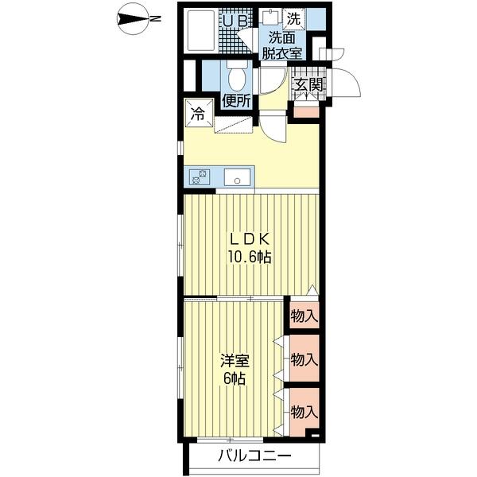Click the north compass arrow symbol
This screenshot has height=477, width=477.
pyautogui.click(x=133, y=19)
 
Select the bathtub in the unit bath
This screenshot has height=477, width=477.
pyautogui.click(x=200, y=31)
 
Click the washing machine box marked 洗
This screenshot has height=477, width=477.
pyautogui.click(x=294, y=19)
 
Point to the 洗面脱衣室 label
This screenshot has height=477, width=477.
pyautogui.click(x=281, y=46)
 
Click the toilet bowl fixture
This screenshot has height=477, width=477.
pyautogui.click(x=237, y=76)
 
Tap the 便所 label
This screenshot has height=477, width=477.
pyautogui.click(x=236, y=102)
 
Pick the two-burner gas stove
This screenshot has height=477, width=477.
pyautogui.click(x=200, y=177)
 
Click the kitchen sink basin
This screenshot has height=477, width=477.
pyautogui.click(x=237, y=177)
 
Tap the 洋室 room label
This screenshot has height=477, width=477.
pyautogui.click(x=235, y=361)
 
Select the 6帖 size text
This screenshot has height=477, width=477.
pyautogui.click(x=235, y=378)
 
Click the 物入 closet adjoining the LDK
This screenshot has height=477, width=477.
pyautogui.click(x=304, y=316)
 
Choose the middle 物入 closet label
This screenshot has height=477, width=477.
pyautogui.click(x=304, y=360)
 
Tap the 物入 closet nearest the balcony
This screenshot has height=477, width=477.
pyautogui.click(x=304, y=412)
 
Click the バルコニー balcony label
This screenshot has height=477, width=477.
pyautogui.click(x=254, y=456)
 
